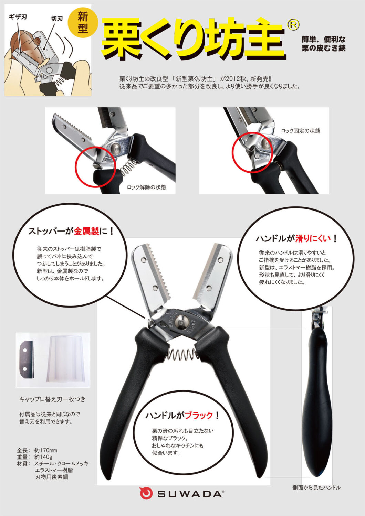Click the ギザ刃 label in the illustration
(18, 17)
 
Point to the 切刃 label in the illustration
(57, 19)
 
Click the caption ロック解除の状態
(146, 187)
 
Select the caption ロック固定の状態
(301, 131)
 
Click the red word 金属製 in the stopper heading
(86, 231)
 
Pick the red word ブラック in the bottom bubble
(199, 415)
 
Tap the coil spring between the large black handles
(182, 354)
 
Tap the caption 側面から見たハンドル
(316, 488)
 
